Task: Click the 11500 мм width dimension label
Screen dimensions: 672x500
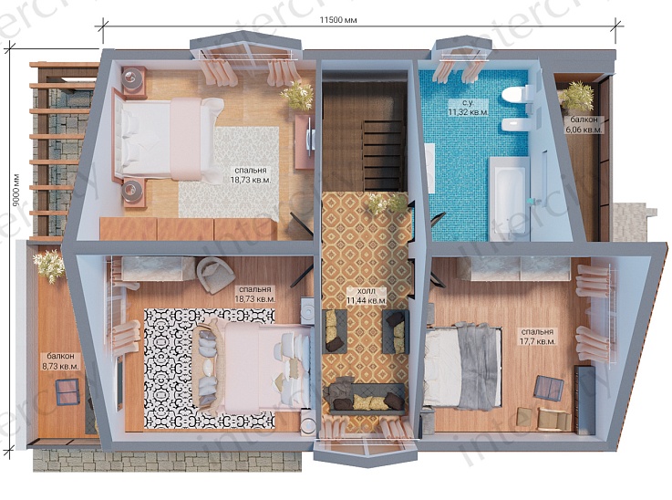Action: click(x=338, y=20)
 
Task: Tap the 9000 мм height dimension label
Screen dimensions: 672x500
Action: click(x=16, y=190)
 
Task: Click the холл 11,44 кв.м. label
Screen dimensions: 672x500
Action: click(x=367, y=297)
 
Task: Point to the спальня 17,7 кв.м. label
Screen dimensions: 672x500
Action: click(x=537, y=337)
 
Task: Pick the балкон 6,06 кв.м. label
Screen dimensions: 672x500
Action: click(x=584, y=125)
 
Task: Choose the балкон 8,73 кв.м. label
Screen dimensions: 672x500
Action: click(x=60, y=361)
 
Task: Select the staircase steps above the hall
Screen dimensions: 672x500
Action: click(x=384, y=156)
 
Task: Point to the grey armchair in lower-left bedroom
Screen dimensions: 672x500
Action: click(x=213, y=275)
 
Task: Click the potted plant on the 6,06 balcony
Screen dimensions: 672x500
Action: click(x=576, y=97)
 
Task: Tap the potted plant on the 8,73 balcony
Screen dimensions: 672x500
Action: click(x=48, y=265)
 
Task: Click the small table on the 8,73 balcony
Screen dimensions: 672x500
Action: click(x=67, y=392)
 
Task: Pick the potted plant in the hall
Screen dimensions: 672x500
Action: click(x=387, y=203)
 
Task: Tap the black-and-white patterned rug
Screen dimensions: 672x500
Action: click(x=210, y=368)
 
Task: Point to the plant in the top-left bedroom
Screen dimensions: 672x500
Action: click(x=297, y=96)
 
